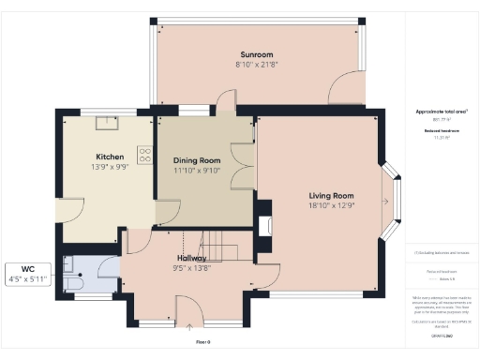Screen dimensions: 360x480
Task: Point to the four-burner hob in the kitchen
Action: pyautogui.click(x=145, y=156)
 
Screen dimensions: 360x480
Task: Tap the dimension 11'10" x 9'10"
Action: pyautogui.click(x=195, y=171)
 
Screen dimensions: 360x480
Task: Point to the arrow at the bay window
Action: pyautogui.click(x=386, y=201)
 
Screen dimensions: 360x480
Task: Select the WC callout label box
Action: pyautogui.click(x=33, y=274)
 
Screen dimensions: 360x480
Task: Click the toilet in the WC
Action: pyautogui.click(x=75, y=281)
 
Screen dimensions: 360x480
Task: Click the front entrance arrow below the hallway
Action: pyautogui.click(x=191, y=328)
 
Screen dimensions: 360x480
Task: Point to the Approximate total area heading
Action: pyautogui.click(x=434, y=112)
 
